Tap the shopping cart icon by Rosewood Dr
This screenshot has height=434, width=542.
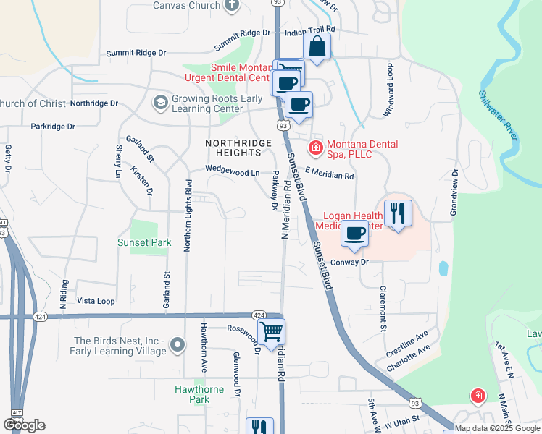pos(272,332)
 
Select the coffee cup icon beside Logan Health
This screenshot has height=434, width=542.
pos(354,234)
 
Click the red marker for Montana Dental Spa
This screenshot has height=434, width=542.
pos(315,149)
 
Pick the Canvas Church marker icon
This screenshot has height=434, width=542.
pos(233,6)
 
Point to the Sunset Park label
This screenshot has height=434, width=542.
pos(143,243)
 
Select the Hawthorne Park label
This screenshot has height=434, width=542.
pos(201,393)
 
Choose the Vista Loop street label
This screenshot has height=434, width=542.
pos(96,300)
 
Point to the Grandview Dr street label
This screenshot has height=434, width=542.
pos(454,192)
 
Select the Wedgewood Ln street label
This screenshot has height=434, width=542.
pos(232,172)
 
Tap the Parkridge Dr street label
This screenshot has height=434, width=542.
pos(53,126)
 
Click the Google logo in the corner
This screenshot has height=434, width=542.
pos(24,425)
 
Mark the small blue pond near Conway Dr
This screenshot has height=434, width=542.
pos(443,268)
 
